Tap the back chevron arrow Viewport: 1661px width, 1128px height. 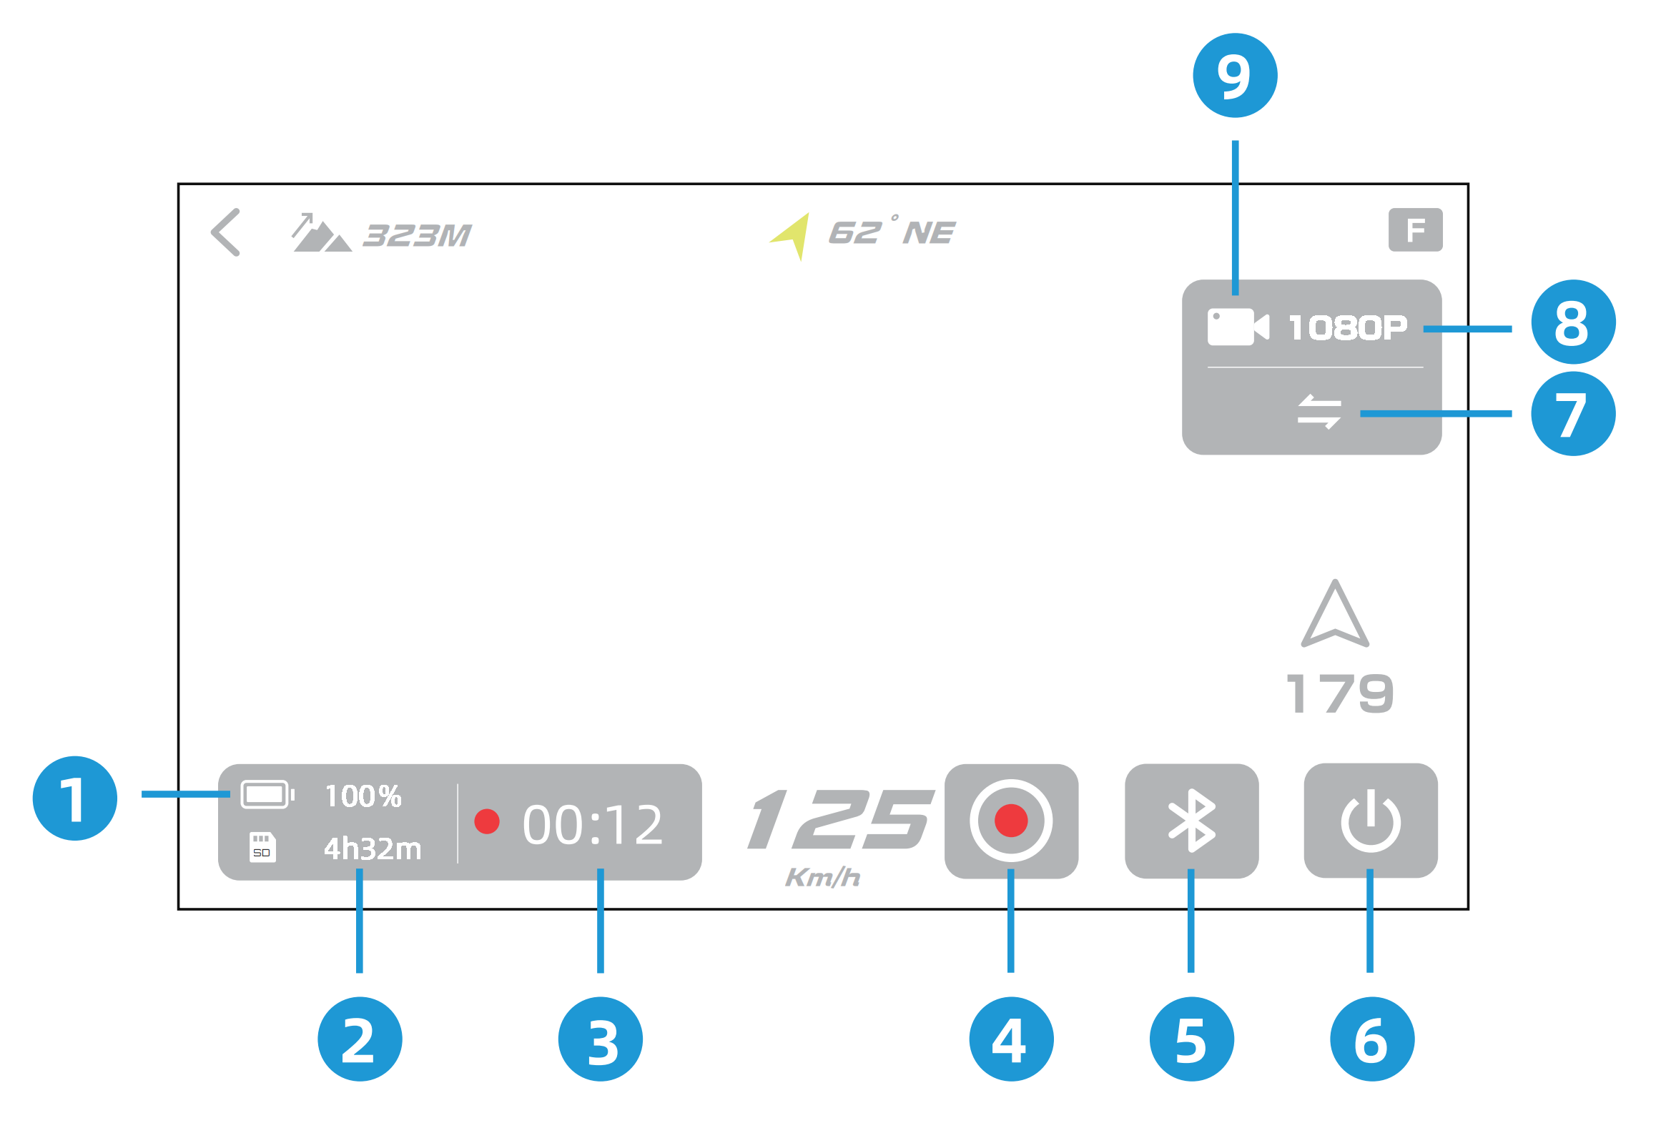point(226,232)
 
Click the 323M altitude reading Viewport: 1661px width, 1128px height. point(417,235)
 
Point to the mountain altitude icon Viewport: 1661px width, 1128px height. point(320,233)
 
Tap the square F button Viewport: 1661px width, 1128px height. point(1414,230)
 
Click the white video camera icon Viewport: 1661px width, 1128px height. point(1237,327)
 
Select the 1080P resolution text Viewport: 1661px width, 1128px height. point(1347,328)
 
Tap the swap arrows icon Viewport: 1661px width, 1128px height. point(1319,412)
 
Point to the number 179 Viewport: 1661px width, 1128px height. point(1339,693)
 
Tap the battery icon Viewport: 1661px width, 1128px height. point(267,794)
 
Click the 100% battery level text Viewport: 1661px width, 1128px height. point(363,796)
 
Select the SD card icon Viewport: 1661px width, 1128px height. point(262,847)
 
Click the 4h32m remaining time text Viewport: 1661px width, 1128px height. point(373,849)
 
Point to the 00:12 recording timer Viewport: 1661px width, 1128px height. point(592,825)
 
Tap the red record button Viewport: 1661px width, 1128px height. point(1010,821)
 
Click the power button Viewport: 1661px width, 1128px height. point(1370,821)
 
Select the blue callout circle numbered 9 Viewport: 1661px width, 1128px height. point(1235,76)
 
